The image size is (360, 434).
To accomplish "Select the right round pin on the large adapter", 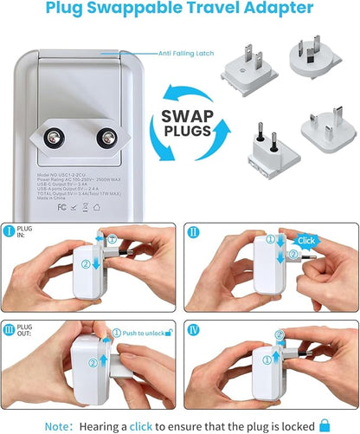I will (x=108, y=138).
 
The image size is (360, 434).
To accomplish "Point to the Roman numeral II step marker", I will (x=193, y=231).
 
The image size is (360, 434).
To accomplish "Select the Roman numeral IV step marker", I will (x=194, y=329).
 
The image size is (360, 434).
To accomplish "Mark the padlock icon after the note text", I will (x=325, y=424).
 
